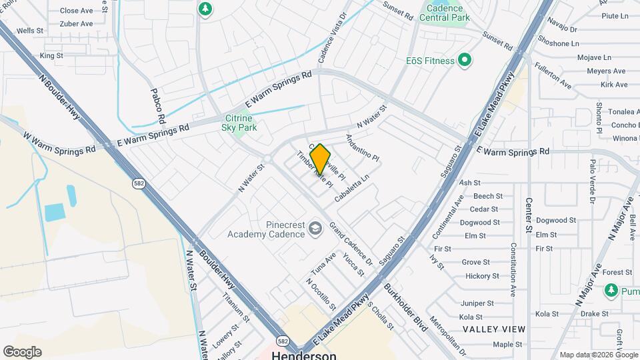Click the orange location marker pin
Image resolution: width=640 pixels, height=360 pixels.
click(321, 159)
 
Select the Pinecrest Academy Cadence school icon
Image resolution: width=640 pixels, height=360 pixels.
click(315, 229)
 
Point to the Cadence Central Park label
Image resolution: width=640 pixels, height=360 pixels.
click(445, 13)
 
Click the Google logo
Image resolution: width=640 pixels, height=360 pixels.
click(22, 352)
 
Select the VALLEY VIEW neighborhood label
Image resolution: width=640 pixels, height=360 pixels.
click(494, 329)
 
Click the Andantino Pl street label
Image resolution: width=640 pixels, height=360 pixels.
click(362, 148)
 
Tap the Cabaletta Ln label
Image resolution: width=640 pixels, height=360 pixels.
click(351, 189)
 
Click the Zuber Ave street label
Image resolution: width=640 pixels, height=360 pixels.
click(77, 23)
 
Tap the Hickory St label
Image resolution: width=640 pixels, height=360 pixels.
click(478, 276)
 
